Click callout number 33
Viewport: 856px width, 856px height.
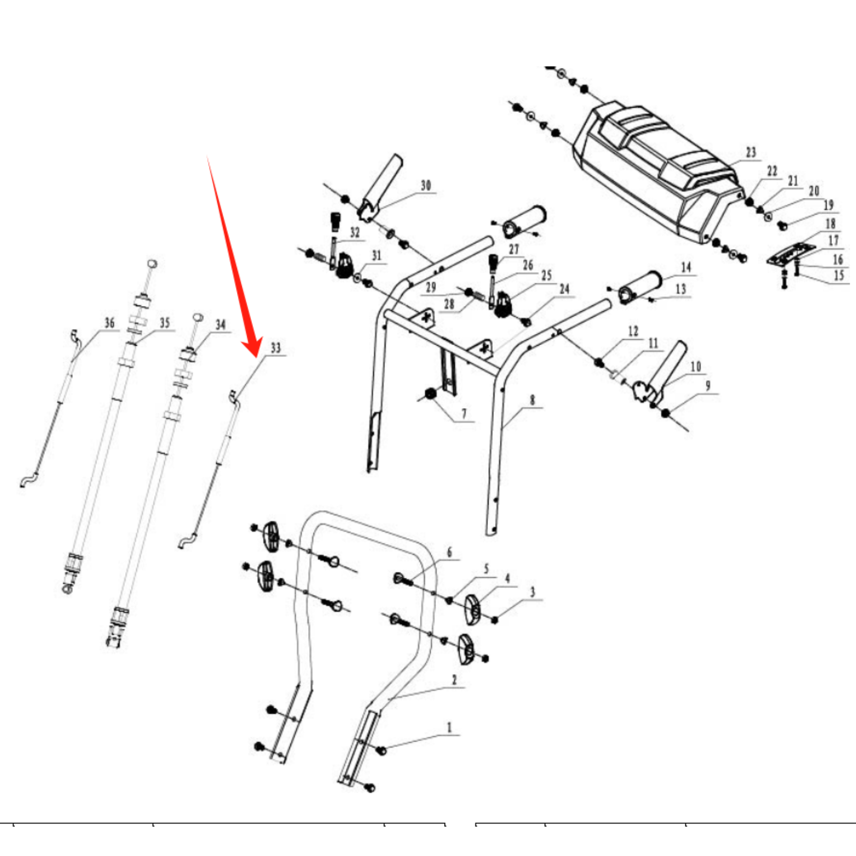click(x=276, y=348)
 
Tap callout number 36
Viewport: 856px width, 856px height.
click(x=110, y=323)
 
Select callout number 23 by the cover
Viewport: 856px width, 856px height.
click(x=751, y=152)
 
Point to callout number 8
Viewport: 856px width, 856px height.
click(x=532, y=400)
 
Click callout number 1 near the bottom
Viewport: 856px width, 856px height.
click(x=449, y=728)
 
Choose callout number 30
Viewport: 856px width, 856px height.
click(x=426, y=186)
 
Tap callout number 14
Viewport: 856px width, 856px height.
click(x=686, y=267)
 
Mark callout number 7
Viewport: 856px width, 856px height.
click(x=464, y=414)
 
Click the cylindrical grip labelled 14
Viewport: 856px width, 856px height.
click(x=641, y=287)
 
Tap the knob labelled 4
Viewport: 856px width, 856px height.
click(x=471, y=609)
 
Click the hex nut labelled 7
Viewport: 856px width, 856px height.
click(x=430, y=394)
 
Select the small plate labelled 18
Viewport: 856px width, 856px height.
click(x=791, y=254)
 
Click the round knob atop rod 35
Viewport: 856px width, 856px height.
click(x=152, y=263)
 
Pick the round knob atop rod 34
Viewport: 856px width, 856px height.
click(x=198, y=317)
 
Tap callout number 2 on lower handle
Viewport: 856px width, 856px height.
click(x=454, y=680)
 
